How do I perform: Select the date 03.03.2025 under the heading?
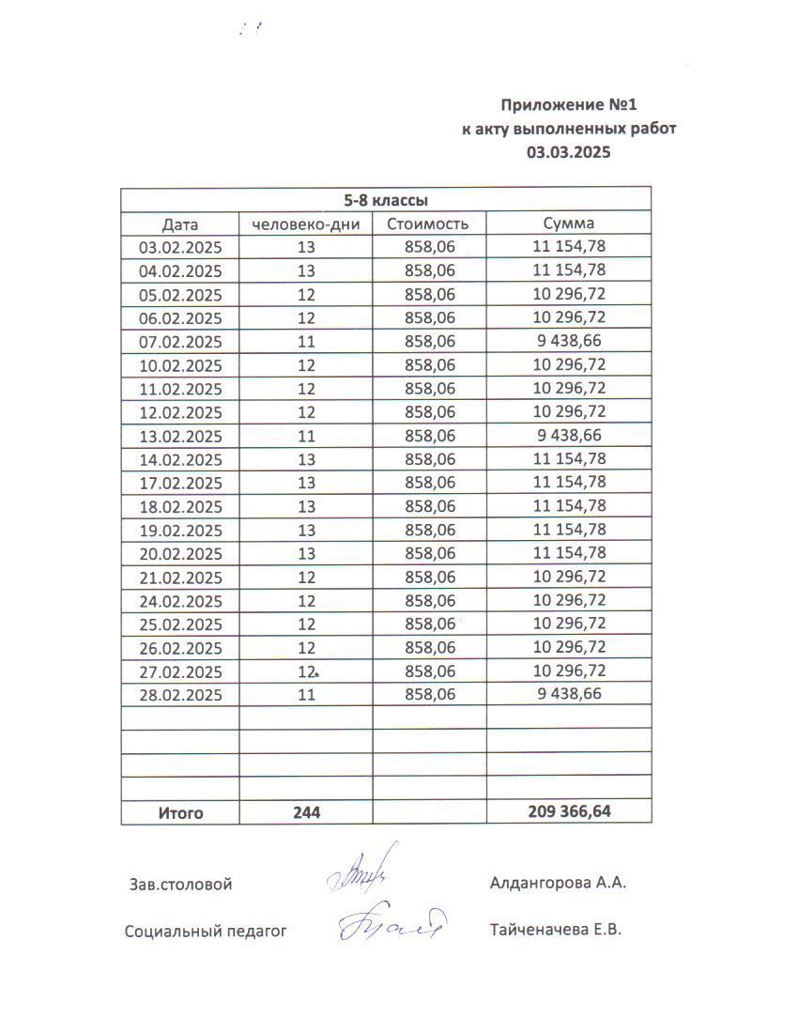pos(568,151)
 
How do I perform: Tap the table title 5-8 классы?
pos(386,200)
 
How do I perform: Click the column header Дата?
pos(180,224)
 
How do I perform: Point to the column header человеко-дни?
pos(306,224)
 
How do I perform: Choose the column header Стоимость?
pos(428,224)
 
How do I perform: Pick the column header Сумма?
pos(569,224)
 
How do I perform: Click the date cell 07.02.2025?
pos(180,342)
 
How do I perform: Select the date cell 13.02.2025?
pos(180,436)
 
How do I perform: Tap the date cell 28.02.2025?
pos(180,695)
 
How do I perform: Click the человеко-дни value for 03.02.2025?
pos(306,247)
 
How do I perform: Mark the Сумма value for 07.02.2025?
pos(569,341)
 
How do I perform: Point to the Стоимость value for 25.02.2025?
pos(428,624)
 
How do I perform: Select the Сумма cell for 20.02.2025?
pos(569,553)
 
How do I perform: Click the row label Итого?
pos(180,813)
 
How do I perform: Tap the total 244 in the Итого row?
pos(306,813)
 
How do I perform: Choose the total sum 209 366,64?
pos(569,812)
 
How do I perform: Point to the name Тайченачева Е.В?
pos(556,931)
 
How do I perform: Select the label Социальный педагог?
pos(206,932)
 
